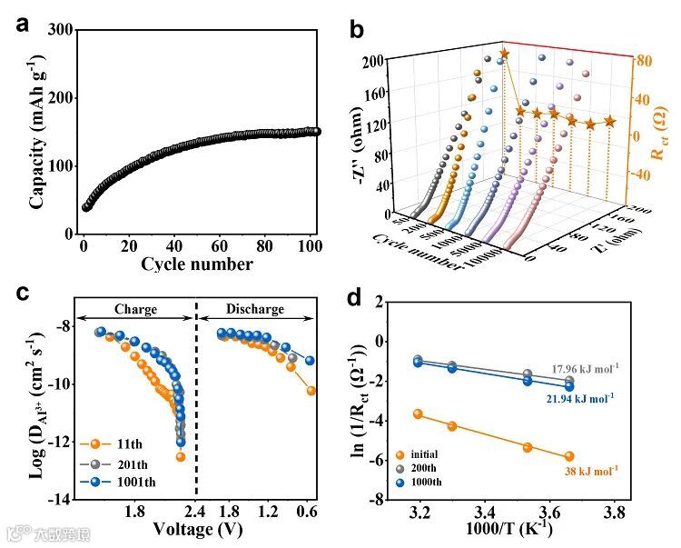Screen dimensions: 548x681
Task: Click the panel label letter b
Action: [x=357, y=29]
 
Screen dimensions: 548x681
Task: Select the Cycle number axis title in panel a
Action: [x=196, y=264]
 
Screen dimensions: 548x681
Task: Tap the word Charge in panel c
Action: [x=135, y=309]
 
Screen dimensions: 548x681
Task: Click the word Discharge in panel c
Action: [x=254, y=309]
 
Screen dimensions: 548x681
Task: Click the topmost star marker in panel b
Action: [x=505, y=55]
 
